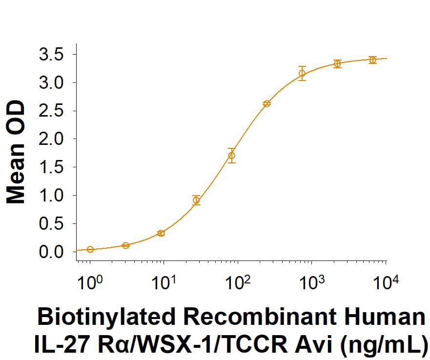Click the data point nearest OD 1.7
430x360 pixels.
tap(232, 156)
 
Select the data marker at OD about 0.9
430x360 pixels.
tap(196, 200)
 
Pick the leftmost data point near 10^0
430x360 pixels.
tap(90, 249)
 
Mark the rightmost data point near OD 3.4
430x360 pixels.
tap(372, 60)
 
